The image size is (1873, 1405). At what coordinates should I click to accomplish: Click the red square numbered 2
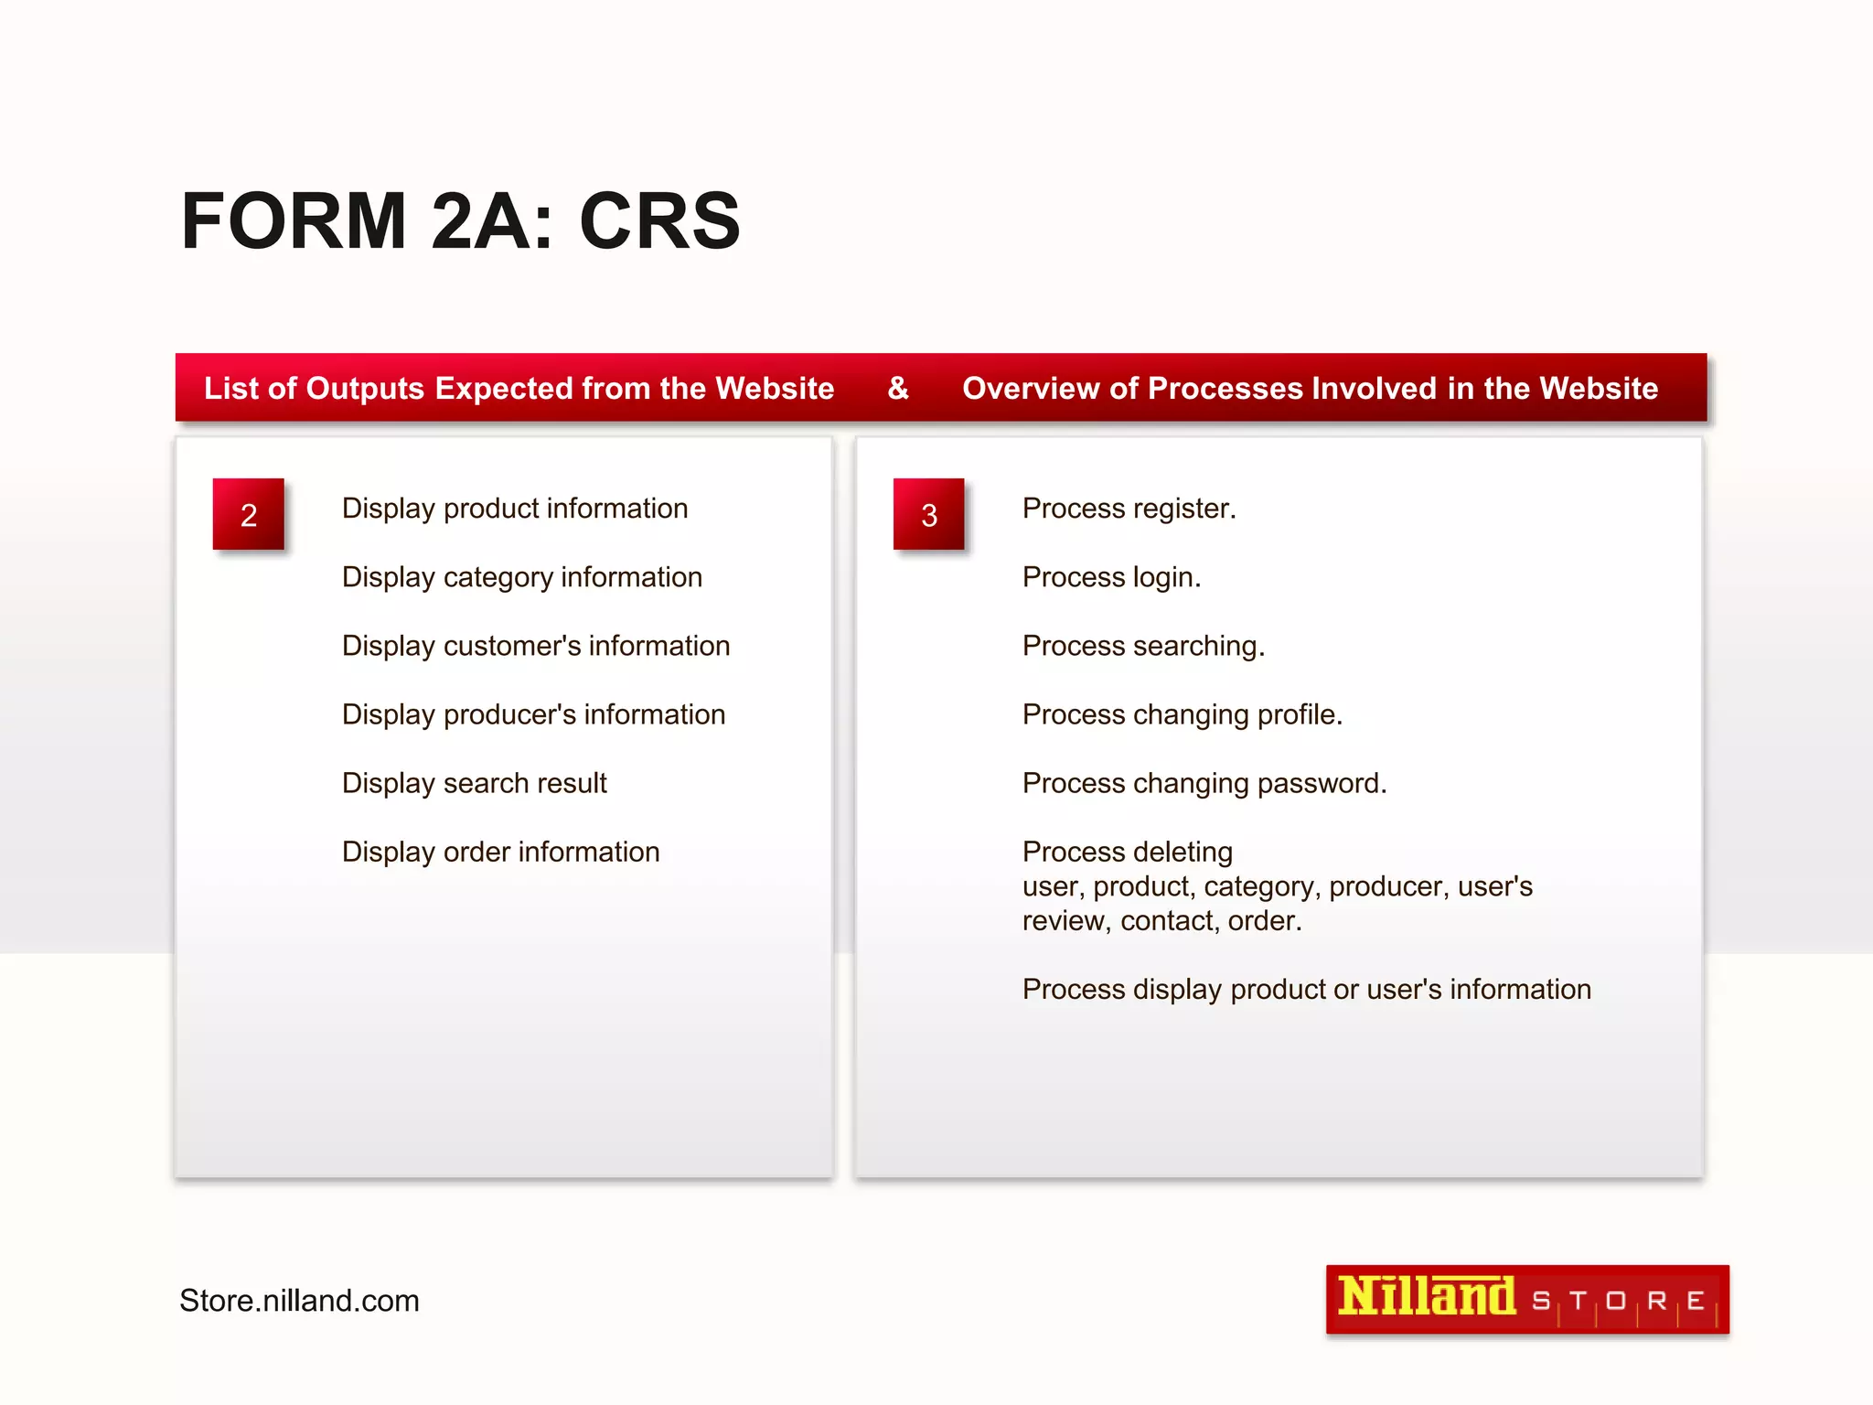click(248, 514)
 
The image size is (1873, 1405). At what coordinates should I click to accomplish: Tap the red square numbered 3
click(928, 514)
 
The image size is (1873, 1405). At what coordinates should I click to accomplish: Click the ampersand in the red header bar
click(898, 388)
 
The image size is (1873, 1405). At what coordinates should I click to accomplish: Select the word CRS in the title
click(659, 221)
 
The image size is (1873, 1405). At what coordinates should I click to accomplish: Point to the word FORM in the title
click(294, 221)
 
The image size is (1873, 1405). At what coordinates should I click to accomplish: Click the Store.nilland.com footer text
click(299, 1300)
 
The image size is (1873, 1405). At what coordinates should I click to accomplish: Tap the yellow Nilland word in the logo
click(1426, 1297)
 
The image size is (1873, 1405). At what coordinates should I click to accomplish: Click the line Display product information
click(514, 509)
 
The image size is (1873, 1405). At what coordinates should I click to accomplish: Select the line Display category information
click(521, 577)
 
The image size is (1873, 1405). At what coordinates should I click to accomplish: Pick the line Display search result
click(474, 783)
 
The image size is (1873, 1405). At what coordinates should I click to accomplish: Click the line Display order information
click(500, 852)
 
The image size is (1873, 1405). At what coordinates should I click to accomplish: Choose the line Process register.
click(1129, 509)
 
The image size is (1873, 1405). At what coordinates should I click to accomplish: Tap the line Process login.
click(1111, 577)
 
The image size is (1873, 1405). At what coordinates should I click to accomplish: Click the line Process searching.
click(1143, 646)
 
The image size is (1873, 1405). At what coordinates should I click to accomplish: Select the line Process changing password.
click(1204, 783)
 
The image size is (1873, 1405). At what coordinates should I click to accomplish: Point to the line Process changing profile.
click(1182, 714)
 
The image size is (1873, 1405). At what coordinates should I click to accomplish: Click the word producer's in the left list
click(509, 714)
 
